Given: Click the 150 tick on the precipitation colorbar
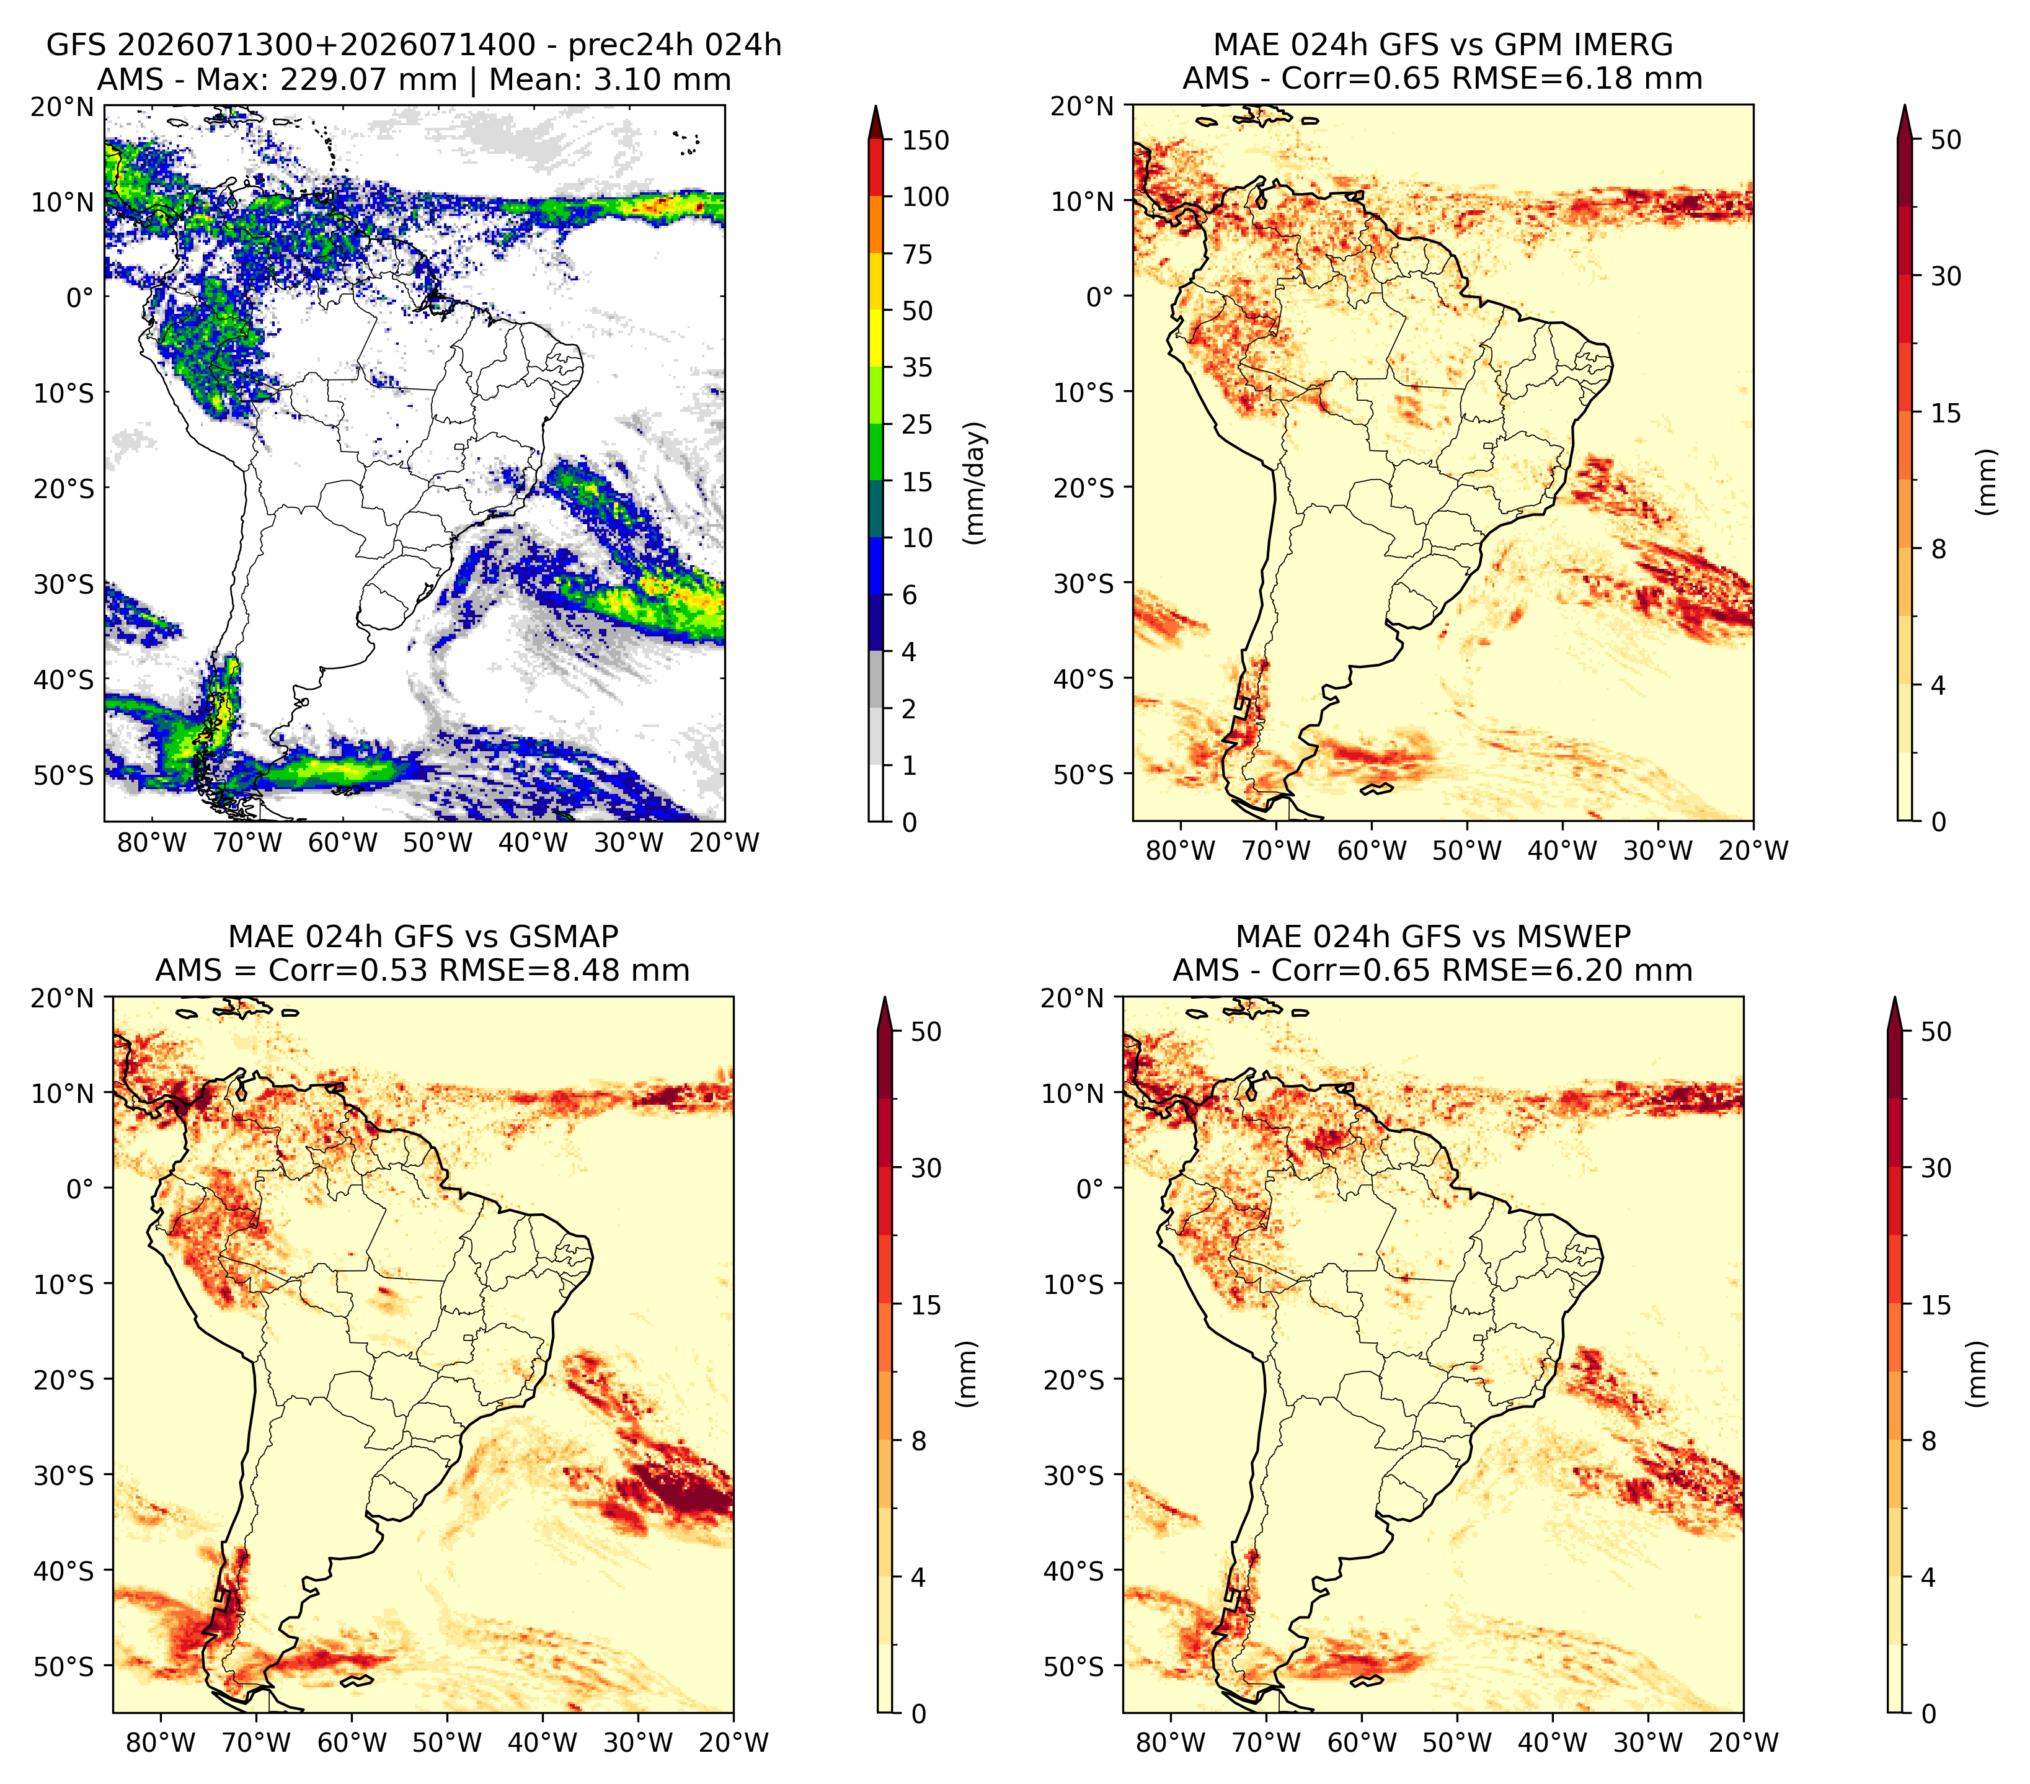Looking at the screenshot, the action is tap(926, 140).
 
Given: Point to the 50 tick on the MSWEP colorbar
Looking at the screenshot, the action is tap(1936, 1031).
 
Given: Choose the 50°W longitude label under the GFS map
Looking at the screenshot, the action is tap(438, 842).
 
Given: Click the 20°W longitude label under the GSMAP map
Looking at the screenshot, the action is tap(734, 1742).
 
